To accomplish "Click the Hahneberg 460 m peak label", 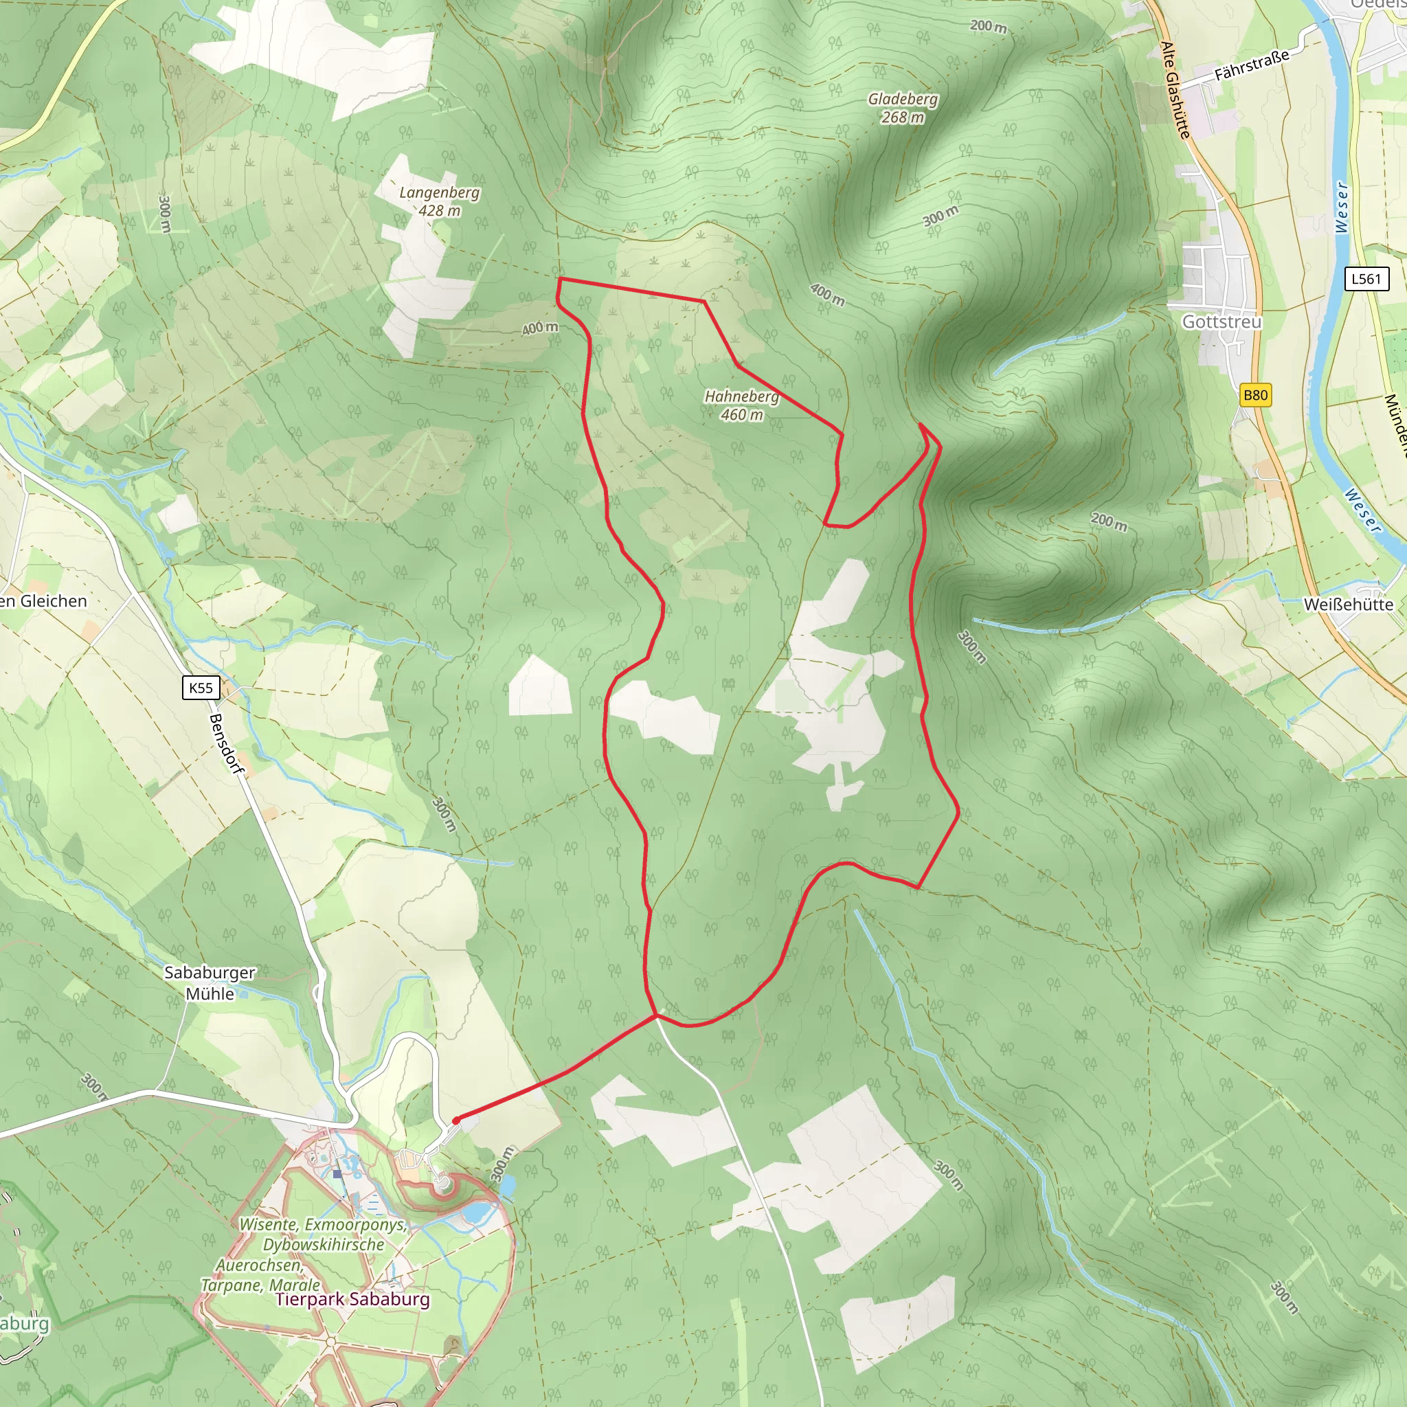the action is click(741, 405).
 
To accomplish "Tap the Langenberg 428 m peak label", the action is click(439, 202).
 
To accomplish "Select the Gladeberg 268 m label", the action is click(902, 108).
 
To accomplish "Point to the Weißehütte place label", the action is click(1348, 605).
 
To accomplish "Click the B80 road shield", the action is click(1254, 395).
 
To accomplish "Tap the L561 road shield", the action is click(1366, 278).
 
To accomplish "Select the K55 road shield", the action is click(201, 688).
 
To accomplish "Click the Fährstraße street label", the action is click(1251, 65).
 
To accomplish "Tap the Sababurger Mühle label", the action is click(210, 983).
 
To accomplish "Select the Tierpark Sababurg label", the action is click(352, 1299).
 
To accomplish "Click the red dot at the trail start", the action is click(456, 1121).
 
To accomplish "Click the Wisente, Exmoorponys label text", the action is click(323, 1225).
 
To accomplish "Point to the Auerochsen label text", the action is click(259, 1265).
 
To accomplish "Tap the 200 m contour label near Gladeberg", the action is click(988, 26).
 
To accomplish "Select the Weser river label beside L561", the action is click(1342, 207).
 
